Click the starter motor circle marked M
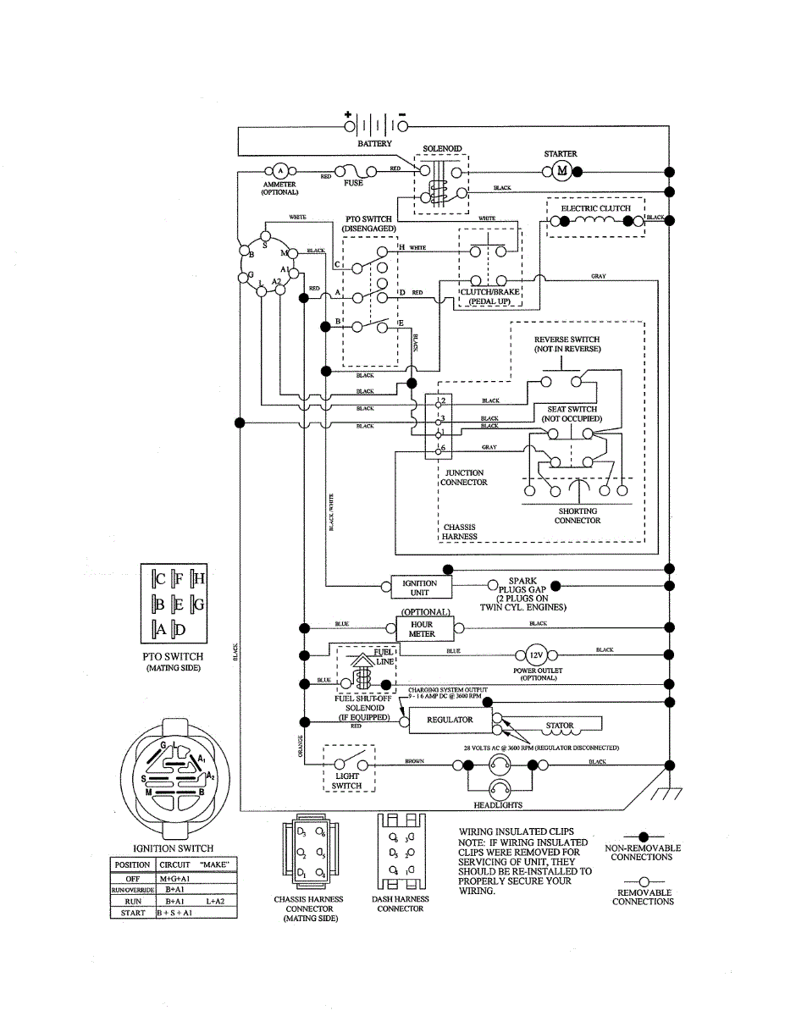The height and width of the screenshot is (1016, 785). tap(561, 172)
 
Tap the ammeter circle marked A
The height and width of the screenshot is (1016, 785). tap(279, 172)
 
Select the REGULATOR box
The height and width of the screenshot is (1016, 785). tap(450, 720)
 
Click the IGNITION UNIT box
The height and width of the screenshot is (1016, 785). tap(420, 588)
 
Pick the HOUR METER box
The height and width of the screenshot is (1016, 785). tap(422, 628)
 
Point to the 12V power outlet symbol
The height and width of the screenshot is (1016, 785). tap(535, 655)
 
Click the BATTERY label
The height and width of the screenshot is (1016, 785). tap(374, 144)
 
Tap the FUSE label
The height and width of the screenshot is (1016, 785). tap(353, 183)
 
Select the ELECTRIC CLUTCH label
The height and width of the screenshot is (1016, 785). tap(595, 207)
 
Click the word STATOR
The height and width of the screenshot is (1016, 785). tap(560, 726)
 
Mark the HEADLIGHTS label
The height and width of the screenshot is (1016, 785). tap(498, 804)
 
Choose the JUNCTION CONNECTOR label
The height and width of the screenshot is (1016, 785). tap(465, 478)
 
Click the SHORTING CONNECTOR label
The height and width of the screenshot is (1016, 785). tap(578, 516)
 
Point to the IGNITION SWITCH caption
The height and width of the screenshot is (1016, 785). tap(174, 848)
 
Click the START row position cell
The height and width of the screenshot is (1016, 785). tap(132, 914)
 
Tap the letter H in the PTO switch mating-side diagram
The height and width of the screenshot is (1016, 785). tap(199, 579)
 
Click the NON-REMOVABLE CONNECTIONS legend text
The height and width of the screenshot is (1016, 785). tap(643, 853)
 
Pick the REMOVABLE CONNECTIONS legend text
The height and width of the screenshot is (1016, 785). tap(643, 897)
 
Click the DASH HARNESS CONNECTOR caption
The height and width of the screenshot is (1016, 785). tap(400, 903)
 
